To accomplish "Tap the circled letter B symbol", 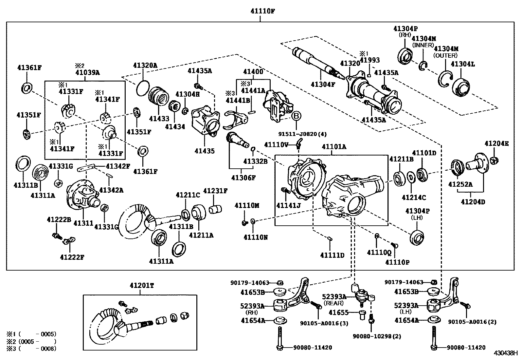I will click(296, 116).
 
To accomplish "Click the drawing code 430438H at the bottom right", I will click(506, 354).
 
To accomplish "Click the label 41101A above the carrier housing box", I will click(334, 147).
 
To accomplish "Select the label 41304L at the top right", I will click(462, 64).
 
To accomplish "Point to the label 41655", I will click(338, 313).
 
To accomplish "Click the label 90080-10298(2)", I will click(377, 336).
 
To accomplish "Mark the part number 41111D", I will click(332, 255).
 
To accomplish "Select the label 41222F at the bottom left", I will click(72, 257).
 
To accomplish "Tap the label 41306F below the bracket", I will click(243, 178).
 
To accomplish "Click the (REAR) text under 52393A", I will click(334, 303).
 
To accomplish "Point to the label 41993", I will click(370, 60).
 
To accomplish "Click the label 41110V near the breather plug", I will click(276, 144).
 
